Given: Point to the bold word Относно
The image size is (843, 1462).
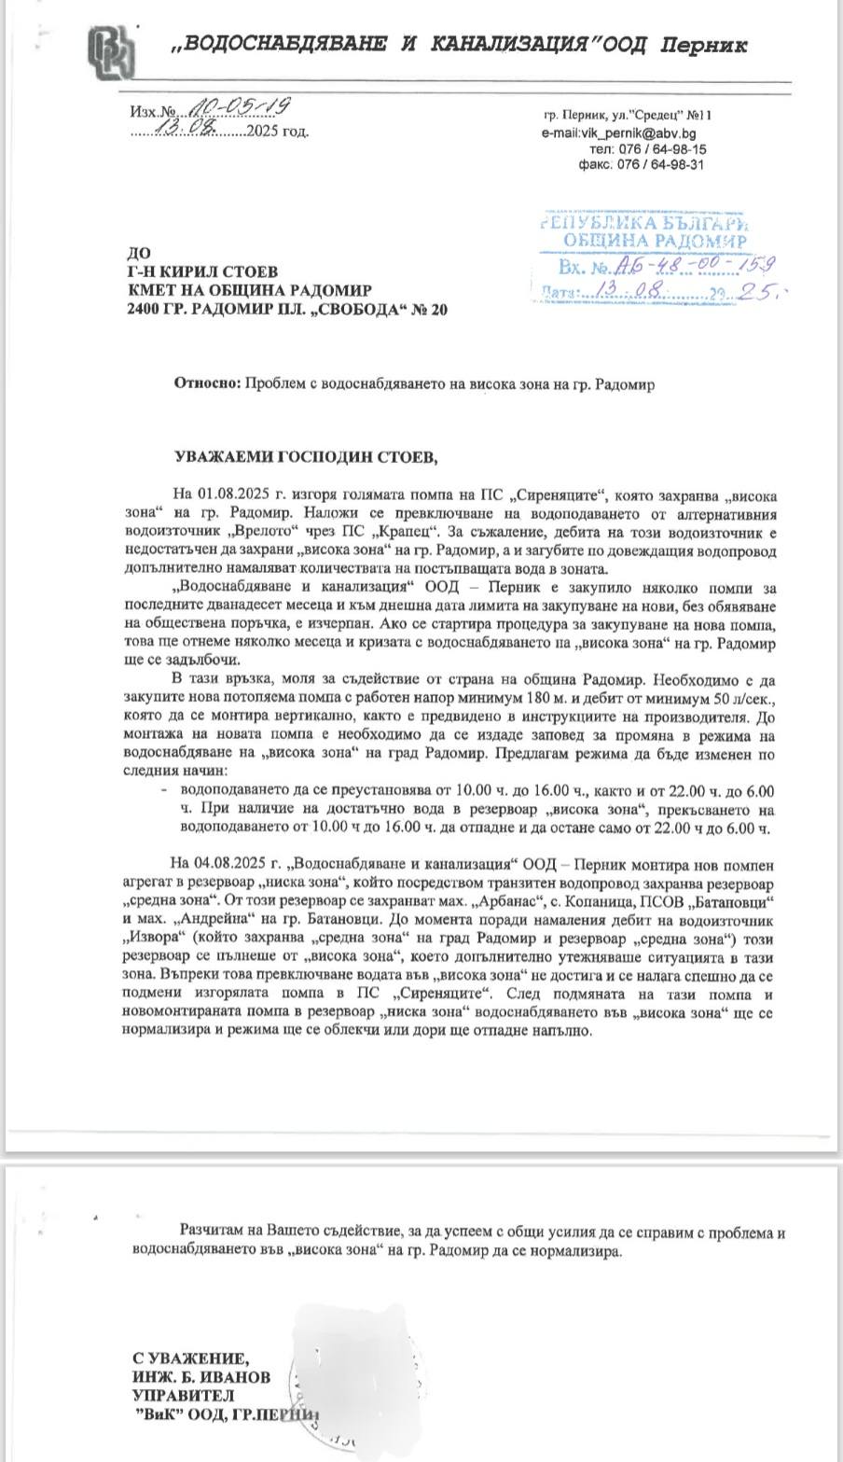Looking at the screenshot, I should [206, 384].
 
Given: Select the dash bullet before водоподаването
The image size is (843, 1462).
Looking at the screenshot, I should [165, 790].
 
